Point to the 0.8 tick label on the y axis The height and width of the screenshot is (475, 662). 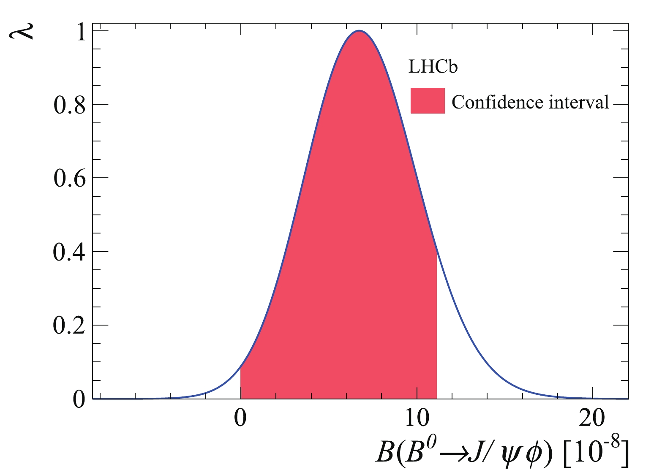69,105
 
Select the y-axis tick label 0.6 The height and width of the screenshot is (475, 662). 69,179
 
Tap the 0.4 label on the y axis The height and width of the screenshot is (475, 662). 69,252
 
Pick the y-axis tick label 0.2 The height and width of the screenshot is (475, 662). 69,326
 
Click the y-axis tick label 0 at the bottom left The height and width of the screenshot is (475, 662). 79,399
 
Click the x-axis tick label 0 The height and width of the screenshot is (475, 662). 240,419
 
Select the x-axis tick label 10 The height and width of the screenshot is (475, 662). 417,419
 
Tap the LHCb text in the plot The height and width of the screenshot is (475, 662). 433,67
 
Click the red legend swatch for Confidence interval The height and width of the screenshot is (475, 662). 428,100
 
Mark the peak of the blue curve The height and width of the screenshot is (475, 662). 359,31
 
